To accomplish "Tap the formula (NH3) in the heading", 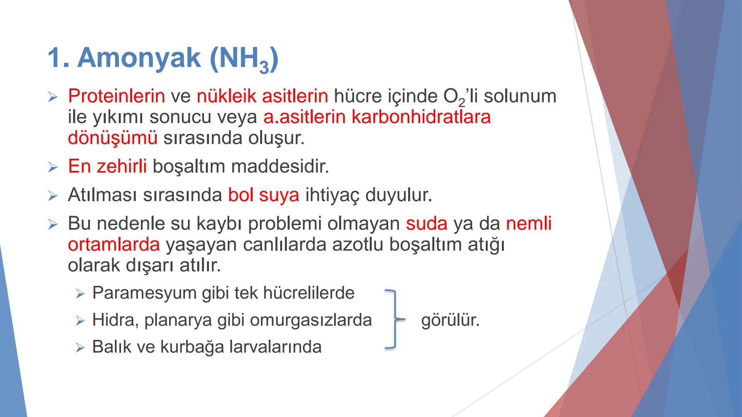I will [244, 60].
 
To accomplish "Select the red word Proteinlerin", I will [116, 96].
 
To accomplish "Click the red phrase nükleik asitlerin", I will [262, 96].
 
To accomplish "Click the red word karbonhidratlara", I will [421, 117].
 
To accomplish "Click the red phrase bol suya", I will [263, 195].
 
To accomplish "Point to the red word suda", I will [427, 224].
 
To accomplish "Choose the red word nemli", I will [528, 224].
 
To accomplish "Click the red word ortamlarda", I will [114, 245].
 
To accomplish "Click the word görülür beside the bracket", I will [450, 320].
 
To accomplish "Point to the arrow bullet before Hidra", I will [80, 321].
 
